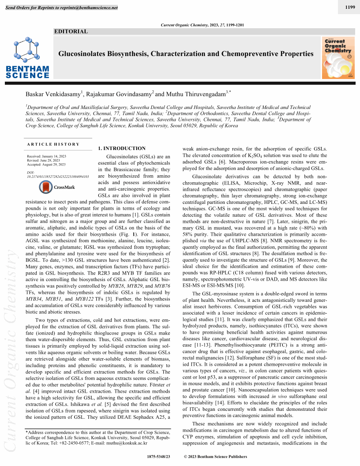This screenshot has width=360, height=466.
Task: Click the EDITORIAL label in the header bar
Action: point(71,31)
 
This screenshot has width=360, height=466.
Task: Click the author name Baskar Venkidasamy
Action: point(53,94)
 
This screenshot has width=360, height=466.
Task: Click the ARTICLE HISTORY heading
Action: point(53,144)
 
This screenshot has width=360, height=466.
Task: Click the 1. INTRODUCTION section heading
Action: point(121,149)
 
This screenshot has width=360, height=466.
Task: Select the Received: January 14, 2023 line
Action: point(47,156)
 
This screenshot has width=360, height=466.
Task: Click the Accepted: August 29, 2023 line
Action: point(46,164)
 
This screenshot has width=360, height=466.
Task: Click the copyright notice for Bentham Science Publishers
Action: point(215,457)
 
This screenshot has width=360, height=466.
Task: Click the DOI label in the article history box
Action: point(30,172)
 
